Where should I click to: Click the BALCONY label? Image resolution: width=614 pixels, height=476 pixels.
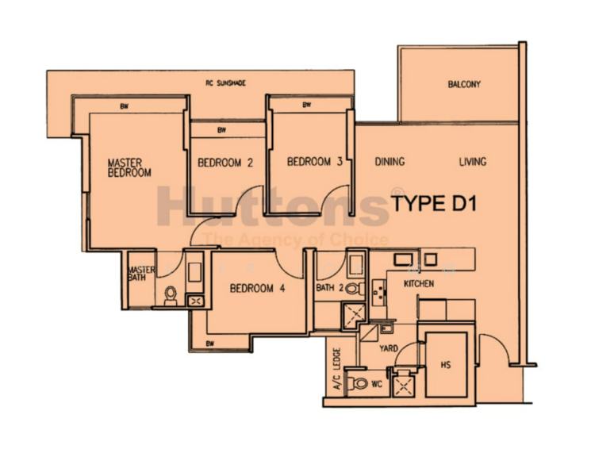pyautogui.click(x=464, y=84)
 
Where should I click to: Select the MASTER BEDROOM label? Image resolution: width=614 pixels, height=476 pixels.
pyautogui.click(x=129, y=167)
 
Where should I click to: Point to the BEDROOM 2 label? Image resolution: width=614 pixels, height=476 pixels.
pyautogui.click(x=225, y=163)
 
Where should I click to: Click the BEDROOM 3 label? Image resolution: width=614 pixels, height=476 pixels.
pyautogui.click(x=314, y=162)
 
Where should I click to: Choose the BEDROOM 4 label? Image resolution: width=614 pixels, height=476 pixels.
pyautogui.click(x=257, y=289)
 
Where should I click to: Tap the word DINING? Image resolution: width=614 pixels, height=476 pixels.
pyautogui.click(x=390, y=162)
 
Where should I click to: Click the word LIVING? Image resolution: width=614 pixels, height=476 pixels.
pyautogui.click(x=473, y=162)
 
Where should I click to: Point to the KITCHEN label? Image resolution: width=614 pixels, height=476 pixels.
pyautogui.click(x=419, y=283)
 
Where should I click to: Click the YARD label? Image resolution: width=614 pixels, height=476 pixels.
pyautogui.click(x=388, y=347)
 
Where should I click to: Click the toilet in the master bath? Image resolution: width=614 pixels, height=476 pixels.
pyautogui.click(x=169, y=295)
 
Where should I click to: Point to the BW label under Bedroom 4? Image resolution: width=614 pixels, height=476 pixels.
pyautogui.click(x=210, y=344)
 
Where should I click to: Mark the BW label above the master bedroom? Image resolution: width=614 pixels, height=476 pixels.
pyautogui.click(x=125, y=106)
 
